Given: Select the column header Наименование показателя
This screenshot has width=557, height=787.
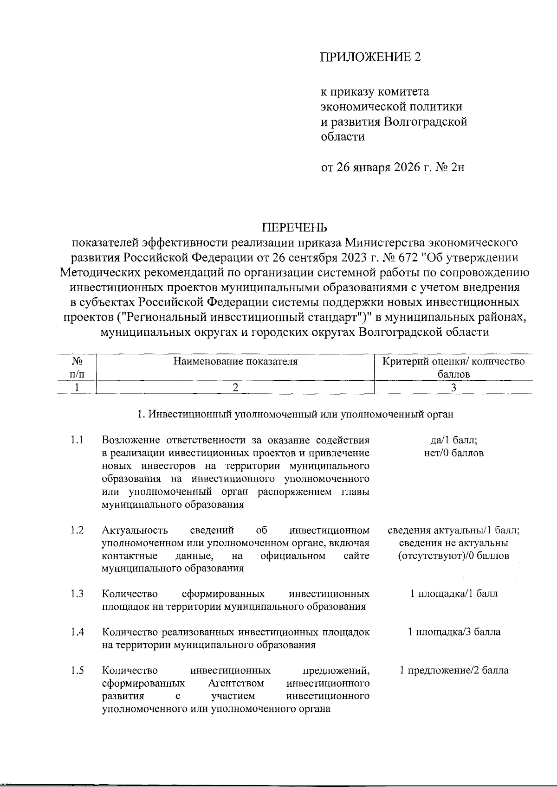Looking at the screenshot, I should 235,361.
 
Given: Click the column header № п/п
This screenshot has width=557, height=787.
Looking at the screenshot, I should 77,367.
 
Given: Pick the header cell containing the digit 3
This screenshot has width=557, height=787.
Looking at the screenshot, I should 453,388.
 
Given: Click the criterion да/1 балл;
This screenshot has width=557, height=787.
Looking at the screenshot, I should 453,440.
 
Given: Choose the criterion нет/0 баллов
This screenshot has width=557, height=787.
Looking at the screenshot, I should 453,453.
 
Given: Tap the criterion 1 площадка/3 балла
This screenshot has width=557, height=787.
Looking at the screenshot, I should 453,632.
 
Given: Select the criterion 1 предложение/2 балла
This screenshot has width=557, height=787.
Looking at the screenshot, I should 453,670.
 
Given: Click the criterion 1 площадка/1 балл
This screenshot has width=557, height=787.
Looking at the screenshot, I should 453,594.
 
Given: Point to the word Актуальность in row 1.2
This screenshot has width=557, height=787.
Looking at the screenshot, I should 135,530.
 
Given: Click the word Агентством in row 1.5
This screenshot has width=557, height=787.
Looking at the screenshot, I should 236,683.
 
